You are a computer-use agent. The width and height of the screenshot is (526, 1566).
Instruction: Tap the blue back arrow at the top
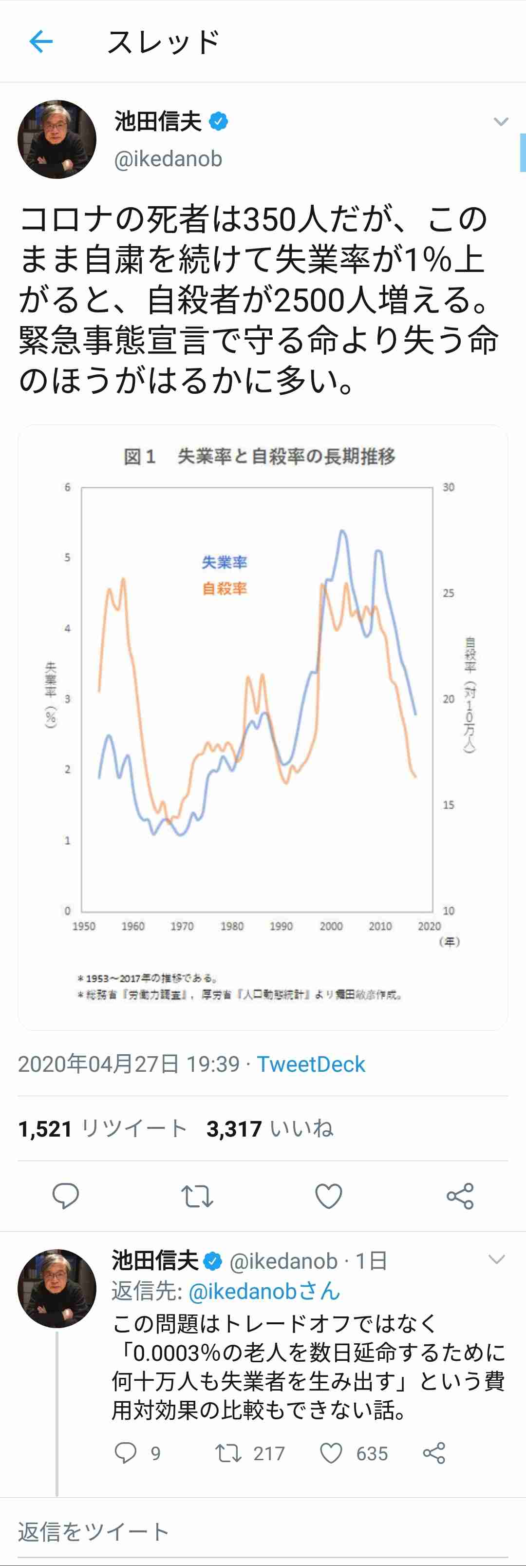tap(41, 42)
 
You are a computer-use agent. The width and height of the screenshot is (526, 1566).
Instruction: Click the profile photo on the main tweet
tap(56, 139)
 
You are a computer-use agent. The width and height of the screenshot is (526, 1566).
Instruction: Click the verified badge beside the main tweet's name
tap(219, 121)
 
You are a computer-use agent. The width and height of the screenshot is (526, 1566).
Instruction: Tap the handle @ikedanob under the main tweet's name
tap(168, 159)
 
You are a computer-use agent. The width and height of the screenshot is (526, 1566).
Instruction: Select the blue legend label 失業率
tap(225, 562)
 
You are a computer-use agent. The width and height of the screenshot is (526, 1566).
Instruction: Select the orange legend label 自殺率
tap(225, 588)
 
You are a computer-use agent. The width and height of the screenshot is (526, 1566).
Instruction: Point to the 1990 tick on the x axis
tap(281, 926)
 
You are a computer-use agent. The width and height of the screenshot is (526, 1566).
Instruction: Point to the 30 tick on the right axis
tap(448, 487)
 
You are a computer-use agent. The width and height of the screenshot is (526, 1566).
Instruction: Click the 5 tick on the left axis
tap(67, 558)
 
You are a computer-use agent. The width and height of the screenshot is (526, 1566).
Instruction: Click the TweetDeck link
tap(311, 1064)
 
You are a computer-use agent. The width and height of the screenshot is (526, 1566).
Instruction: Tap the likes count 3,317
tap(234, 1129)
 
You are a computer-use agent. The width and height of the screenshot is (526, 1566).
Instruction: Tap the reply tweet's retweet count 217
tap(268, 1453)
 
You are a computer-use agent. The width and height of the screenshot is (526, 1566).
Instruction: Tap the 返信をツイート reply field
tap(94, 1532)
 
